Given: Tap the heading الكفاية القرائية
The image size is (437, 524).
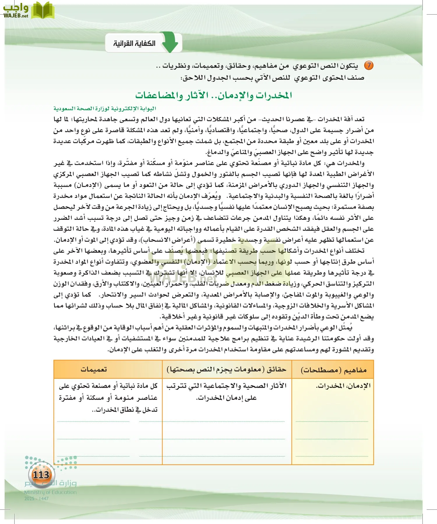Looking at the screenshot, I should click(x=134, y=43).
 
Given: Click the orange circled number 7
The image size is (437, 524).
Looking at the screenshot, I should click(x=369, y=65).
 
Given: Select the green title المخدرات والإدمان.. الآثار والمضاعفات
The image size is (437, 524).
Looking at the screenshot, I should click(x=214, y=95).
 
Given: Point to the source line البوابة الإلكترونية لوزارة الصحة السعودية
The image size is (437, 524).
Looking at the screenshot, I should click(x=105, y=109).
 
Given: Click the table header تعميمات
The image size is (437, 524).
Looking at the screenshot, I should click(x=94, y=369).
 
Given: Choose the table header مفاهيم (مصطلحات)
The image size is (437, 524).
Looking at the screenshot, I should click(x=333, y=370).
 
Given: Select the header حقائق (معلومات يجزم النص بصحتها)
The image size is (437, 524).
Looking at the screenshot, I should click(x=226, y=369).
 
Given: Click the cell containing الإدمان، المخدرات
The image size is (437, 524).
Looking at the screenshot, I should click(x=343, y=386).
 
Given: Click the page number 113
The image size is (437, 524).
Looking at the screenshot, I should click(x=41, y=475).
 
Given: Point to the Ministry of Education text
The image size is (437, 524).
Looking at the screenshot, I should click(x=50, y=492).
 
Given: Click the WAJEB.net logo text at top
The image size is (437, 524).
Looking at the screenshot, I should click(x=16, y=16).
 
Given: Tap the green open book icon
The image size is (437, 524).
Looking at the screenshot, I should click(x=43, y=10).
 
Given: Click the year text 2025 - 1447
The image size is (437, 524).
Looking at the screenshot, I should click(x=36, y=498).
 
